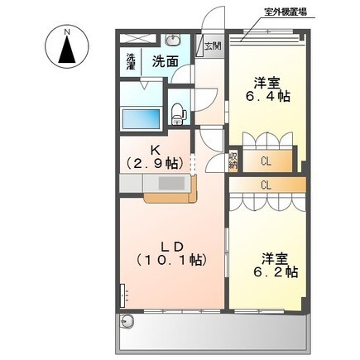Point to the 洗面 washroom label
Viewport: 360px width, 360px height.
165,61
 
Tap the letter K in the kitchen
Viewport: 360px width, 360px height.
154,151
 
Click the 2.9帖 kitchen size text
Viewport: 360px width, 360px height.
154,165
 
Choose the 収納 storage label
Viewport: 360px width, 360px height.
233,159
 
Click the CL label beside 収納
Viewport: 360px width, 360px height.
265,161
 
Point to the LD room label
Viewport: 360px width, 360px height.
171,245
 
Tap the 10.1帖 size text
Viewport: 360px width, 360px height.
171,261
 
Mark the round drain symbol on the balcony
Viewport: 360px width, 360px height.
128,322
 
